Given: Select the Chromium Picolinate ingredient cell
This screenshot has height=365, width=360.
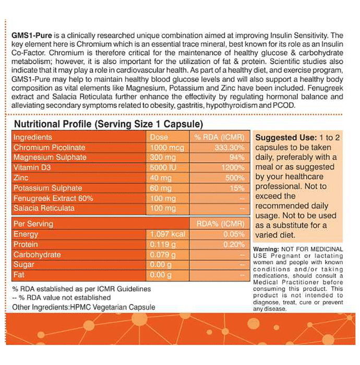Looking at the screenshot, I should [x=50, y=148].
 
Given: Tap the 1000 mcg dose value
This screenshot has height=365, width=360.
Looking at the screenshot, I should [x=164, y=148].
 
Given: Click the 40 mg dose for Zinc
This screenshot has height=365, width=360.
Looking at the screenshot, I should [x=159, y=178].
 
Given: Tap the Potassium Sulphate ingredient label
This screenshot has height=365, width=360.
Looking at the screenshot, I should [x=47, y=188].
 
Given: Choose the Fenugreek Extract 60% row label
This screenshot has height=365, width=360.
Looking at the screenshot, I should [x=53, y=198].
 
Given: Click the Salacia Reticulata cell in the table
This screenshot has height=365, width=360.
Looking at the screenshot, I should [x=44, y=208].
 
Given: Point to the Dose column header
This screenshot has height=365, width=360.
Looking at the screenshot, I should [x=159, y=137].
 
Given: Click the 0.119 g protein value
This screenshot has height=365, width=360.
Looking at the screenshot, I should [x=161, y=244].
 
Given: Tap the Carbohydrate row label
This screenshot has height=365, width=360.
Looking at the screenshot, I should [x=37, y=254].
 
